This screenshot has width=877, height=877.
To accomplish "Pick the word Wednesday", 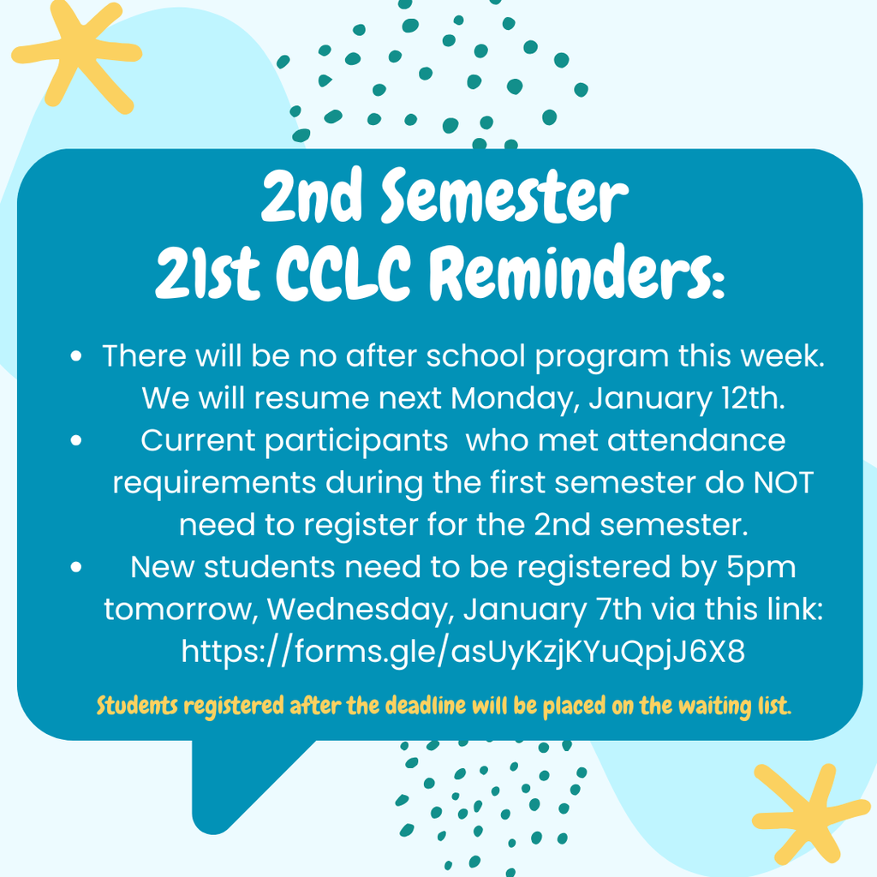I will point(360,610).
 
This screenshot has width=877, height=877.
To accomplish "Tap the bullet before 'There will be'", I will point(77,356).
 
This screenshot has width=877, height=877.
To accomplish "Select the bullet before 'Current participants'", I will point(77,441).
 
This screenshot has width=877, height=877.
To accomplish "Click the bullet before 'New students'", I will point(77,567).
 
